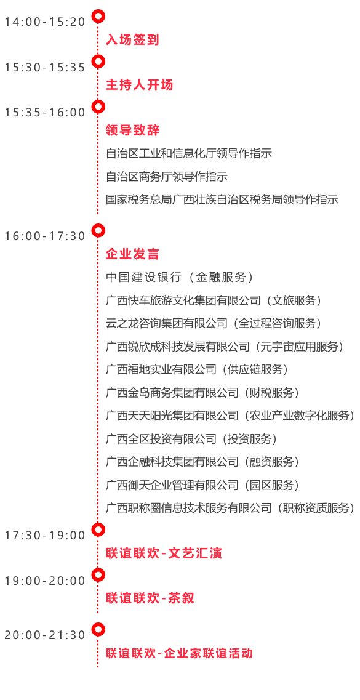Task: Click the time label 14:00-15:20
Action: pos(44,22)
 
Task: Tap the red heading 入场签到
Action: pos(132,40)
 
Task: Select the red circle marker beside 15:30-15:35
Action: pos(98,61)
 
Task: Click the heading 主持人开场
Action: pos(139,85)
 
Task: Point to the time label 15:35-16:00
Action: pos(44,113)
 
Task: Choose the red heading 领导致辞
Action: pos(132,131)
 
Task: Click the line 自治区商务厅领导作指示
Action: pos(167,176)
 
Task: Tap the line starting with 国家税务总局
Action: pos(222,199)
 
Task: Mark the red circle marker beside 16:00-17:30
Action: pos(98,230)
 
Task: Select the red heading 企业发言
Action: pos(132,254)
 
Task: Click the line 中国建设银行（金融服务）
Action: pos(180,277)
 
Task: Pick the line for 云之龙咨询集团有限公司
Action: pos(214,323)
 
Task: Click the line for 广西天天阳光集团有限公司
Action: pos(230,416)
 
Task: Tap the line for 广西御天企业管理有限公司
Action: pos(202,485)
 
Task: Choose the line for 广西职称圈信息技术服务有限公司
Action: pos(230,507)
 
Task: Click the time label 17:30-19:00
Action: pos(44,535)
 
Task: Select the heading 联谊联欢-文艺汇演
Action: pos(164,553)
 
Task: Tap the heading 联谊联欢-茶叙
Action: pos(150,598)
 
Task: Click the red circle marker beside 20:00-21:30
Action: pos(98,629)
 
